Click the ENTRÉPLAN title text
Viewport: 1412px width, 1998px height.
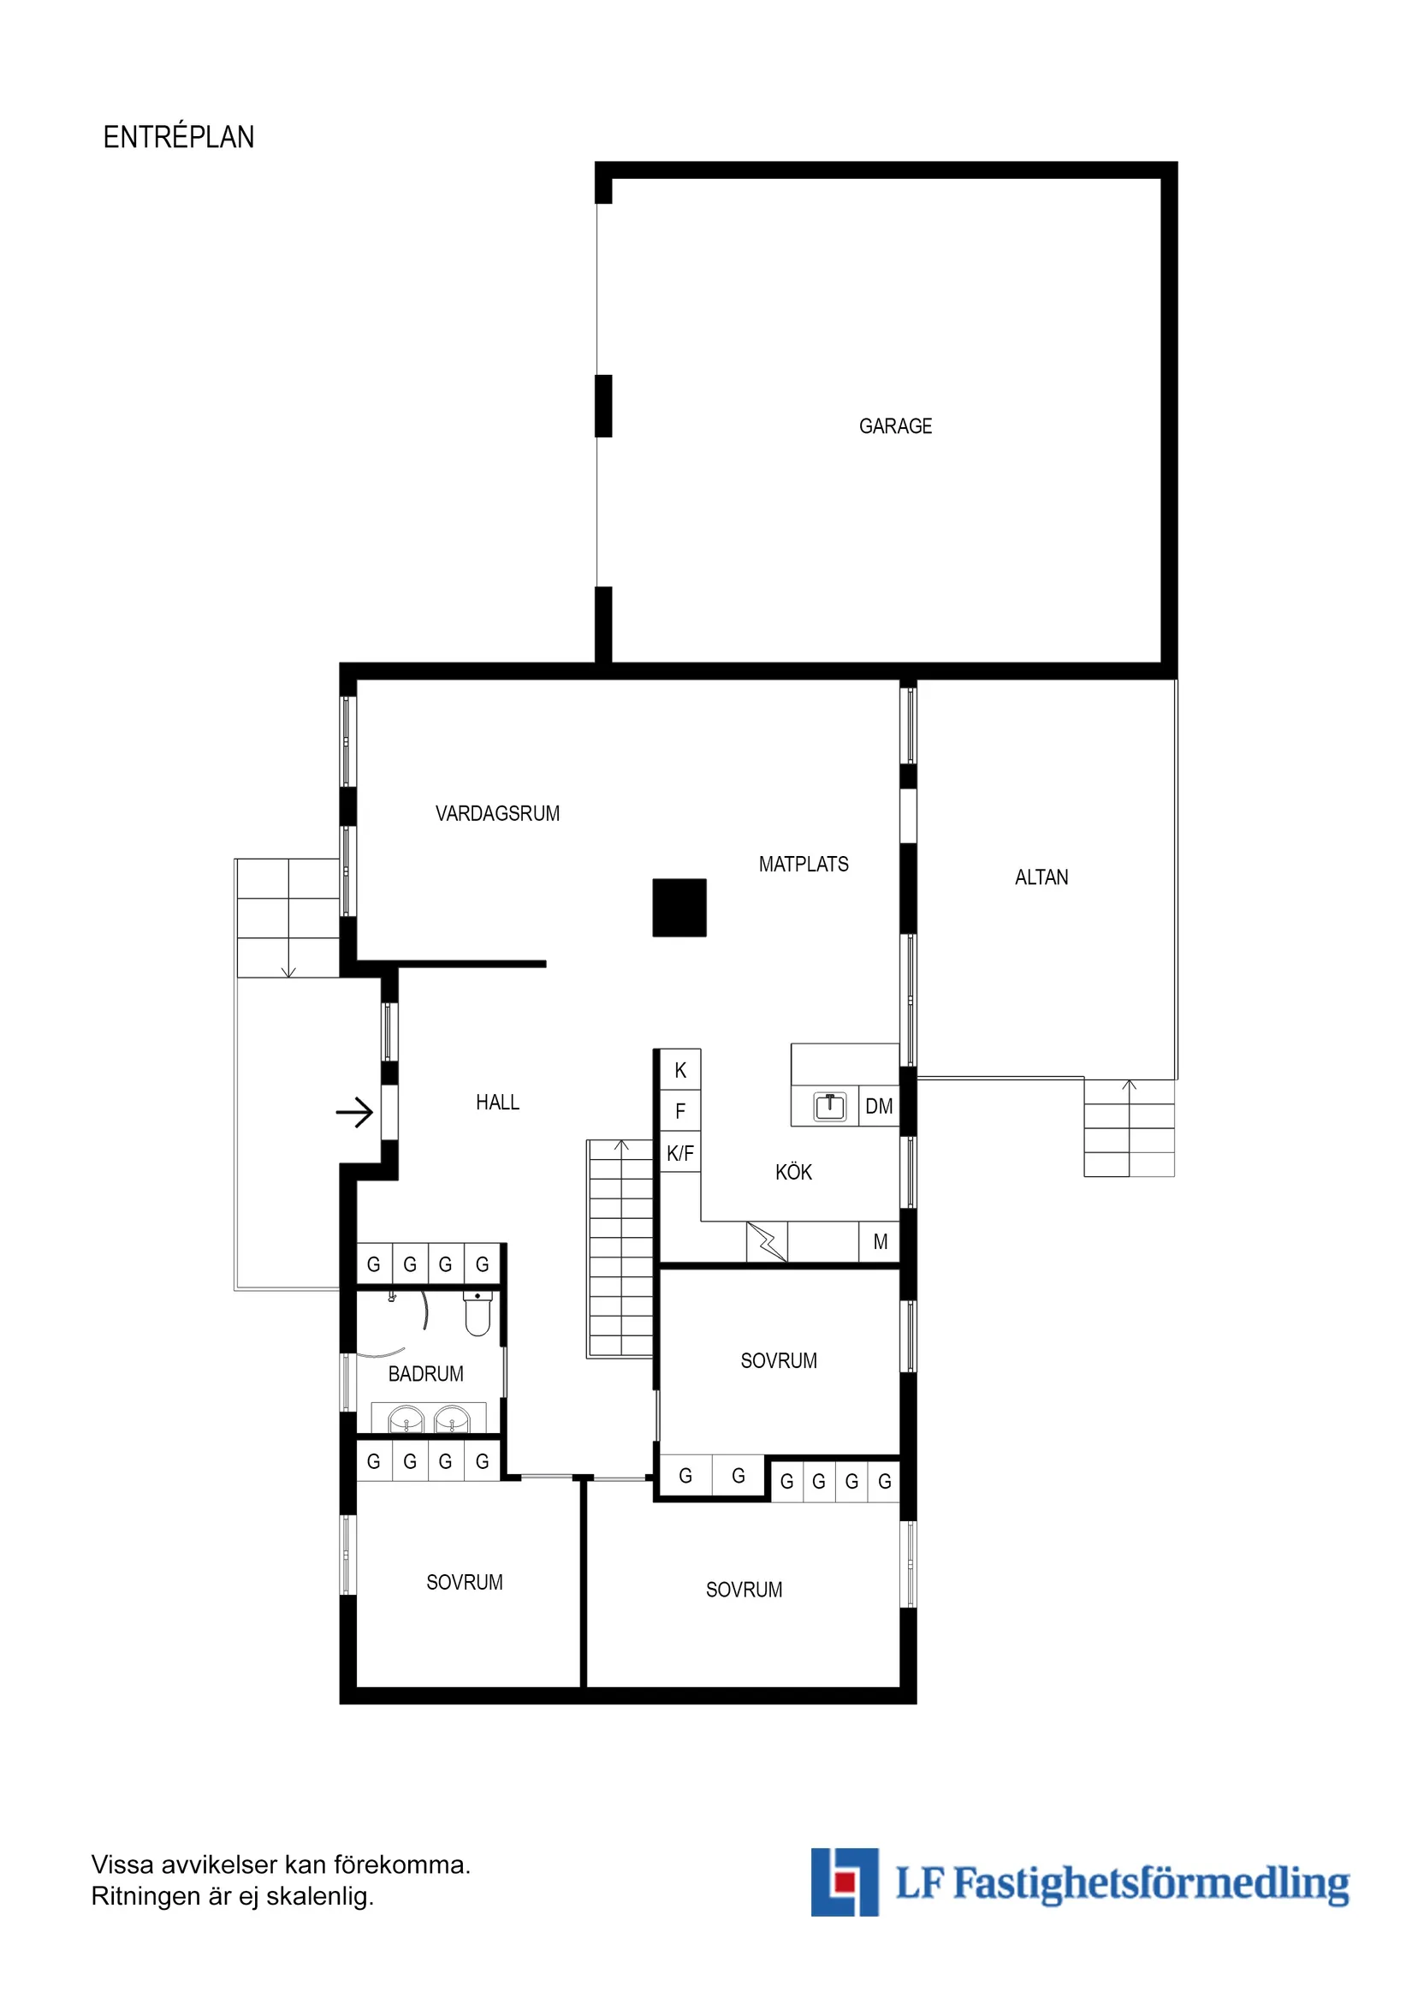(x=178, y=138)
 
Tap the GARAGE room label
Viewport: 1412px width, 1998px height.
(x=895, y=426)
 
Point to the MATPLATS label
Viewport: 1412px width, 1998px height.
(x=803, y=864)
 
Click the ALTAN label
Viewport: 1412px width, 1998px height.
(x=1041, y=877)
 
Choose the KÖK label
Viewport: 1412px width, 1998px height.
(x=793, y=1172)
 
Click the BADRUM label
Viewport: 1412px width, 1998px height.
(x=425, y=1374)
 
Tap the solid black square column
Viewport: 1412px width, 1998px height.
(x=679, y=907)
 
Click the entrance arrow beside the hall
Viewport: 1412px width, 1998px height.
(x=355, y=1112)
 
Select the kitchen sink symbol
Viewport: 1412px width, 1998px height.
(x=830, y=1107)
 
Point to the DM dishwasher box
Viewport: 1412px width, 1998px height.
(x=879, y=1106)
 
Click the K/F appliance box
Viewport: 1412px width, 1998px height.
(x=680, y=1154)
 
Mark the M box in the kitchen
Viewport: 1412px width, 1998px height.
(x=881, y=1242)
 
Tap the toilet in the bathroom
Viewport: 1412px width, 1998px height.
(x=478, y=1313)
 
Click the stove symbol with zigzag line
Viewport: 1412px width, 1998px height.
(x=768, y=1242)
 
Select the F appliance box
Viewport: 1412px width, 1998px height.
(x=680, y=1111)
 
